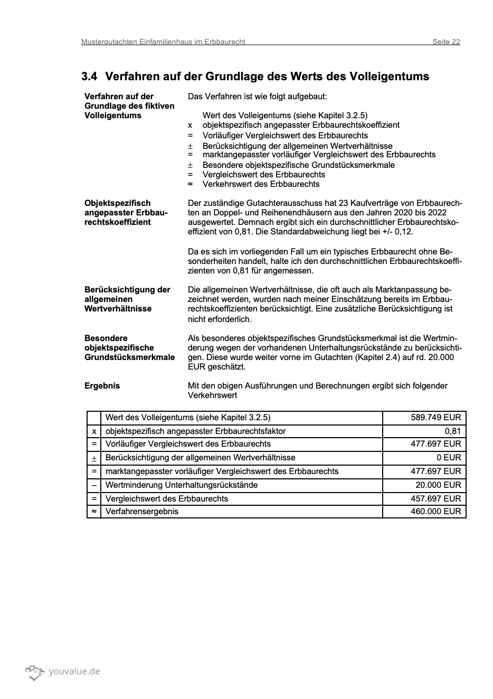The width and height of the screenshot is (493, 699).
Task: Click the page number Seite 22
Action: [x=446, y=42]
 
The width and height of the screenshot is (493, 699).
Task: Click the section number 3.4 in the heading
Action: [x=89, y=77]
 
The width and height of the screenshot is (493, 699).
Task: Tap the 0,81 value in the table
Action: [x=452, y=431]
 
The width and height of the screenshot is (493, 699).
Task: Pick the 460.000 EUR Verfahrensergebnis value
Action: [x=435, y=511]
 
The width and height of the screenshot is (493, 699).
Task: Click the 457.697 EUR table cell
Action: [x=435, y=498]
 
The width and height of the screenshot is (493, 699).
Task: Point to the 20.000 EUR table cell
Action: [x=438, y=485]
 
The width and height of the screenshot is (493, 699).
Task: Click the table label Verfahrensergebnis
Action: [x=142, y=511]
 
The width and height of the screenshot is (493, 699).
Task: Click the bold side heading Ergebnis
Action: [x=102, y=386]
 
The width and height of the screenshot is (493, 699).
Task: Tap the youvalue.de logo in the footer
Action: [x=63, y=672]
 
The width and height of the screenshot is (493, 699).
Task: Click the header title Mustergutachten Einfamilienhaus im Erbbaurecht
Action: [x=163, y=42]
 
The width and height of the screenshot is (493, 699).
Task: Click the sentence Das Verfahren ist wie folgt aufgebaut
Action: [x=257, y=97]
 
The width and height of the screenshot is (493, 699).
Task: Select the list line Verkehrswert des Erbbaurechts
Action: [x=261, y=184]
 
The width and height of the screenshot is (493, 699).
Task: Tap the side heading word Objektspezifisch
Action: [x=117, y=203]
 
